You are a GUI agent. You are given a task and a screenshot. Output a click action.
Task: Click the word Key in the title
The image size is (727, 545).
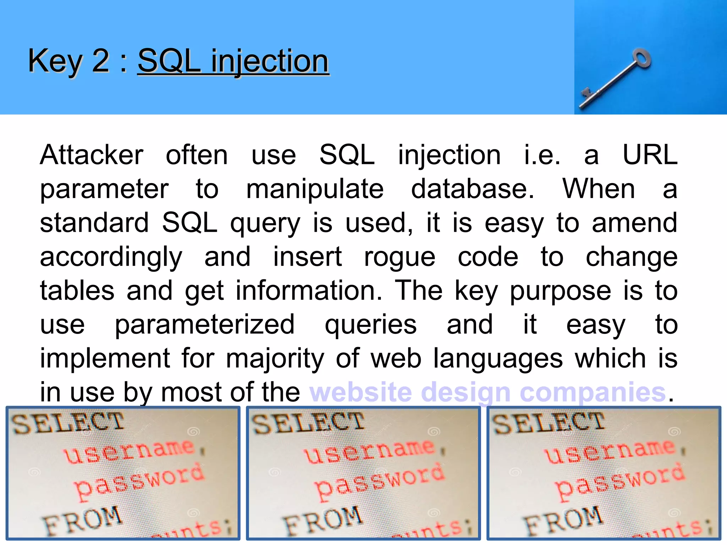click(x=55, y=61)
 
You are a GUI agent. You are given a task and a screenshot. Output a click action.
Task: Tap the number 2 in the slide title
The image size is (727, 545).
click(x=100, y=61)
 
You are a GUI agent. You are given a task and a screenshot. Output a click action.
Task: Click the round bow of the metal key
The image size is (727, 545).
click(x=642, y=59)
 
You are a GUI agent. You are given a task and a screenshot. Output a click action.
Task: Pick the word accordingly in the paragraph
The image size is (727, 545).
click(x=111, y=258)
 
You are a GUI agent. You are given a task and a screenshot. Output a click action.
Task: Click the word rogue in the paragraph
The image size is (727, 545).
click(x=399, y=258)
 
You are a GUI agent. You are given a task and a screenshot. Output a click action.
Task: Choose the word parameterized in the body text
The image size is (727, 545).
click(x=204, y=325)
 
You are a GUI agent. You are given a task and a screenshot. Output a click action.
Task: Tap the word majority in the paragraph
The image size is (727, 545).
click(x=275, y=358)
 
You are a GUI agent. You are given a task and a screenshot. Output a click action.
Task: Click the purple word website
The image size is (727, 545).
click(x=360, y=392)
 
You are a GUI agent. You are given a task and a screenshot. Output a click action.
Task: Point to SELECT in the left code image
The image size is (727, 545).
click(x=67, y=423)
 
